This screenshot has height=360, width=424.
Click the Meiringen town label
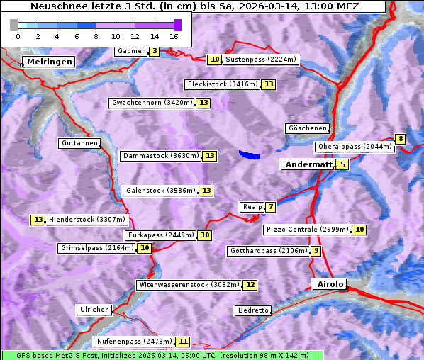point(50,62)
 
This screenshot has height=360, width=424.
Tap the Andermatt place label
point(308,164)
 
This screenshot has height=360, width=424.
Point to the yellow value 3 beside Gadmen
point(155,51)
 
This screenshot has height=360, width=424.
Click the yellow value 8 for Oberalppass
point(401,139)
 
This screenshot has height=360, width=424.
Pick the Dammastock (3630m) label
point(160,156)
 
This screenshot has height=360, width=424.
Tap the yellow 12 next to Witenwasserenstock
point(250,285)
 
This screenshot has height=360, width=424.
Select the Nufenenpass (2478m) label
point(133,342)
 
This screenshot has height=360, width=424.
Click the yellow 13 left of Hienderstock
point(38,220)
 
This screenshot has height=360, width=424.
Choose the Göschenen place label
point(307,128)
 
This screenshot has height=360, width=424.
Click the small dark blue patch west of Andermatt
point(249,154)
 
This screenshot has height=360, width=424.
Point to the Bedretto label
point(253,310)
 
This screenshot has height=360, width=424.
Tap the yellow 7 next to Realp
point(271,207)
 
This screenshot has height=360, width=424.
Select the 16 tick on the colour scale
point(174,36)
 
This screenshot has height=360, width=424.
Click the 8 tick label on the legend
point(95,36)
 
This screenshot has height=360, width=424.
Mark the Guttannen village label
point(79,143)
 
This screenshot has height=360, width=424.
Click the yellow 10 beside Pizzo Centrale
point(360,230)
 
